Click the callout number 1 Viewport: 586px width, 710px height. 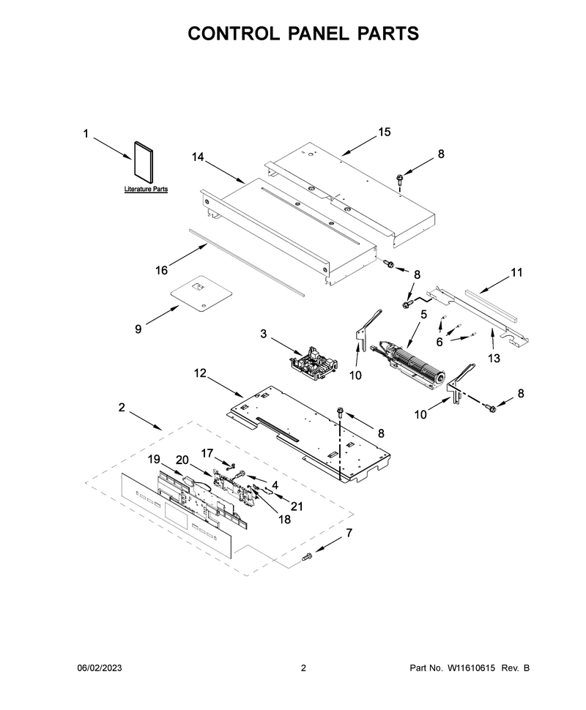[x=86, y=134]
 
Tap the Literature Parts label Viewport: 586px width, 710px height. [x=146, y=190]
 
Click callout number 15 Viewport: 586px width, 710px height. [x=384, y=132]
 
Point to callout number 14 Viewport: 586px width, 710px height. [x=198, y=157]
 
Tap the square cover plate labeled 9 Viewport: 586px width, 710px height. [x=201, y=294]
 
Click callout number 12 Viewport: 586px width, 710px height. [x=200, y=373]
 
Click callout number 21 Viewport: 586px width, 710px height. [x=297, y=506]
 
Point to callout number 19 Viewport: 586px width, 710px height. [x=154, y=459]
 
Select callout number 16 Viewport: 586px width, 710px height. [x=161, y=270]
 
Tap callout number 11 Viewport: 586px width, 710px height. [x=516, y=272]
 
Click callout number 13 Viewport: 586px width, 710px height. [x=494, y=358]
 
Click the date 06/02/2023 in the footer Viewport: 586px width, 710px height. [x=100, y=668]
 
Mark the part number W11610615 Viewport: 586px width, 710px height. [x=471, y=668]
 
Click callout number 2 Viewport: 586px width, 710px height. [x=122, y=408]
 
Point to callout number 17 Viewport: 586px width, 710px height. [x=207, y=453]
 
